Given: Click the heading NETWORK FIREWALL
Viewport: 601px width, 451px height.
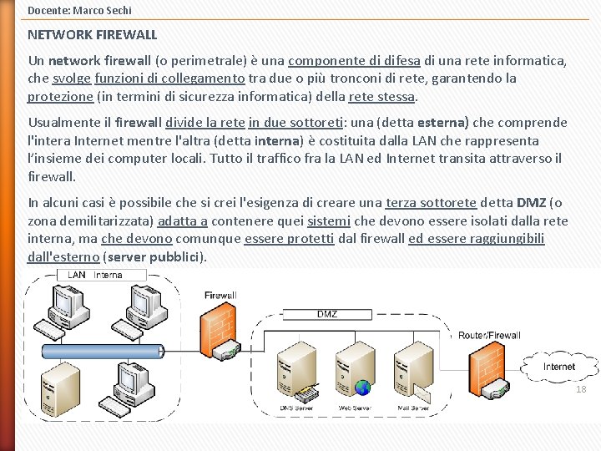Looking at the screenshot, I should point(92,35).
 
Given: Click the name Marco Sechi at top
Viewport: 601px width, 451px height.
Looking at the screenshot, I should point(104,10).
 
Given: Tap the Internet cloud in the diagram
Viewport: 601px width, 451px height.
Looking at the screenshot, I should point(558,367).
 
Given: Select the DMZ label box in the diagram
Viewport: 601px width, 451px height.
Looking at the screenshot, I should point(327,314).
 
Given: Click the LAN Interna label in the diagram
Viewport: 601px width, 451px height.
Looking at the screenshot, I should point(95,275).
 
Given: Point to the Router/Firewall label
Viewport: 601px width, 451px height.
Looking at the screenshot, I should point(489,336).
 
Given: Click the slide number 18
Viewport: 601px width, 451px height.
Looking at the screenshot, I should point(582,389).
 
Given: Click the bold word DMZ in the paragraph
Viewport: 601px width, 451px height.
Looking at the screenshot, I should point(532,202).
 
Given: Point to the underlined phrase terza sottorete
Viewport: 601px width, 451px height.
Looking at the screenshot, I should point(431,202).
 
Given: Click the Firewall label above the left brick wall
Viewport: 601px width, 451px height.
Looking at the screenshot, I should point(220,295).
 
